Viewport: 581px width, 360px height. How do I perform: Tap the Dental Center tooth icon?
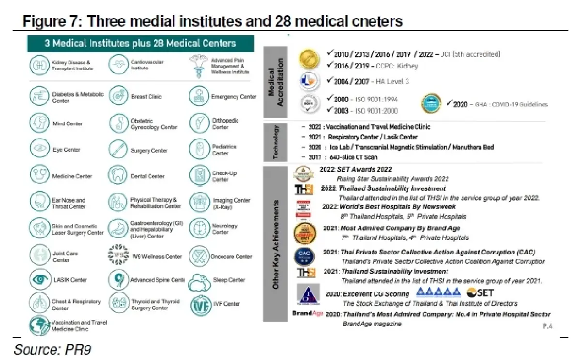pyautogui.click(x=118, y=174)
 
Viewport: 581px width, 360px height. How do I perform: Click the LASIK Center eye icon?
pyautogui.click(x=38, y=279)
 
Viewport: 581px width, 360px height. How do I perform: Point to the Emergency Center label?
pyautogui.click(x=233, y=97)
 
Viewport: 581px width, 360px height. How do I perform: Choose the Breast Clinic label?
pyautogui.click(x=146, y=97)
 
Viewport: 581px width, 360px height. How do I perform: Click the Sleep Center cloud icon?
pyautogui.click(x=199, y=281)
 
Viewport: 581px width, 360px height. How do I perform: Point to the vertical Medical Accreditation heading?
pyautogui.click(x=275, y=82)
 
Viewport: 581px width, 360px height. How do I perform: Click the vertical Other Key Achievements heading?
pyautogui.click(x=275, y=244)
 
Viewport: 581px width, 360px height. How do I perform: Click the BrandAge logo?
pyautogui.click(x=307, y=313)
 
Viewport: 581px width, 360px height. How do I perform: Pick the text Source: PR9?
pyautogui.click(x=52, y=349)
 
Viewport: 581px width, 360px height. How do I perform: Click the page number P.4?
pyautogui.click(x=548, y=326)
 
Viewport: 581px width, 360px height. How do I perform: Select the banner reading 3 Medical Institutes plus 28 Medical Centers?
pyautogui.click(x=140, y=44)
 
